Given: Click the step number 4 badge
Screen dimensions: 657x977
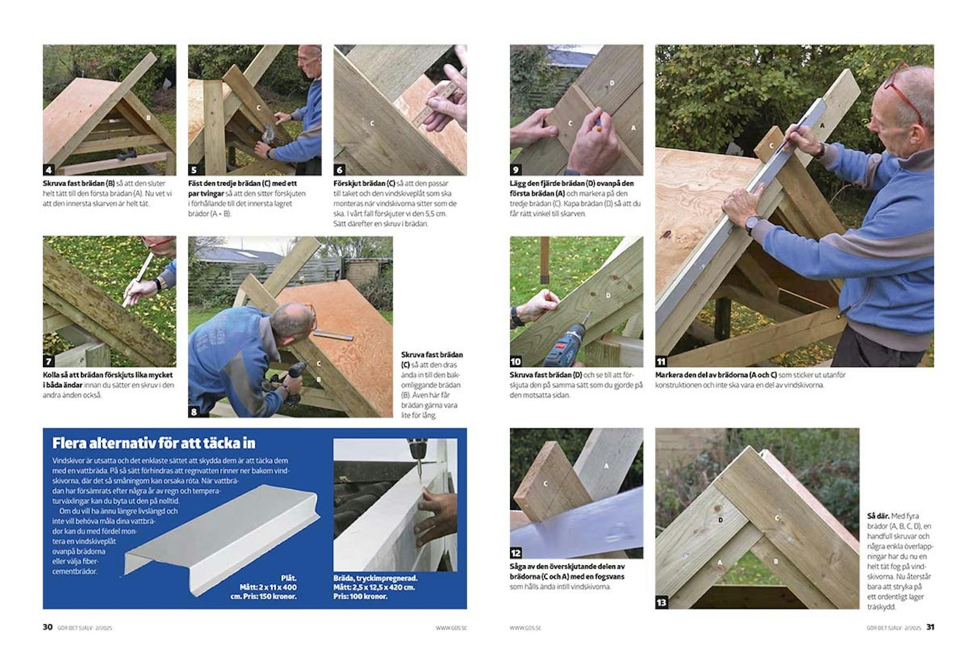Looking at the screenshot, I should point(49,170).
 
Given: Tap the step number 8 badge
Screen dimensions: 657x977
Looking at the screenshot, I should point(194,412).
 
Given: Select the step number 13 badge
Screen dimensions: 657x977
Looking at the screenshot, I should point(661,602).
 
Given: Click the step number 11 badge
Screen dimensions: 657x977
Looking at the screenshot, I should point(661,361).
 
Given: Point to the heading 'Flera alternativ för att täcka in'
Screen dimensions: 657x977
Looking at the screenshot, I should point(154,443).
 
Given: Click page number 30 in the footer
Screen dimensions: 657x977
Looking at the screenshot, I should point(48,627).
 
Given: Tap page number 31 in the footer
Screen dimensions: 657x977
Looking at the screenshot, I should point(930,627).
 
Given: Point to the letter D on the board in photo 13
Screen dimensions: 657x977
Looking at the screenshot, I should point(720,520).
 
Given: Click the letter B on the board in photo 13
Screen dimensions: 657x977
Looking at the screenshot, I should point(775,561).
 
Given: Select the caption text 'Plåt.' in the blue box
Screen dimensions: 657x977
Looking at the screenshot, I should point(288,578).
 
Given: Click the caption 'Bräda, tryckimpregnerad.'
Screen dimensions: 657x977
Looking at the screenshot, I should point(375,578).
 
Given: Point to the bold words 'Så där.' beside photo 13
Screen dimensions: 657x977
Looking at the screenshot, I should point(879,516).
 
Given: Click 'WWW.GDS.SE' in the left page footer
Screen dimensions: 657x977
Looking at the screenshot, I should point(451,628).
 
